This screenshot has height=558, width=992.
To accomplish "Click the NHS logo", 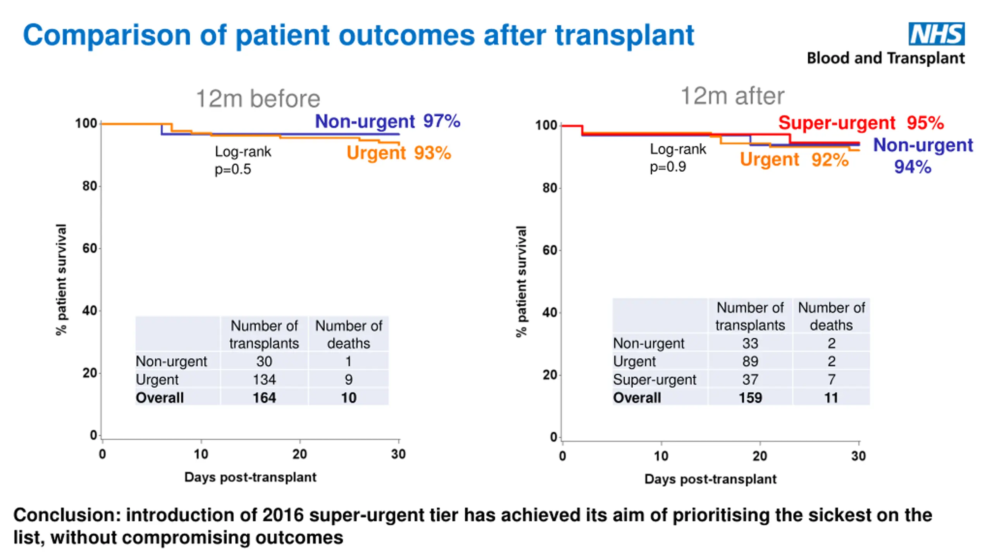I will [x=936, y=34].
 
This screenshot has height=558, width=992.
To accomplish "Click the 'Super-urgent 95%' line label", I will [x=861, y=123].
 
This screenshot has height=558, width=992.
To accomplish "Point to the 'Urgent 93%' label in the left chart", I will [x=398, y=153].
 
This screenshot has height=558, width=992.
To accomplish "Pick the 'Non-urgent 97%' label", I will [x=387, y=121].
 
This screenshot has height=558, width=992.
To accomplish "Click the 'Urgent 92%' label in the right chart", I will [x=794, y=160].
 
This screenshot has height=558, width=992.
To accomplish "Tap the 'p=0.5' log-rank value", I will [x=233, y=169].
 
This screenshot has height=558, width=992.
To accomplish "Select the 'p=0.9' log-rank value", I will [x=668, y=167].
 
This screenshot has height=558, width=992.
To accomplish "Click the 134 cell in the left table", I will [x=264, y=379].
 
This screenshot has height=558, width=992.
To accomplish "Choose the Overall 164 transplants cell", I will [x=264, y=398].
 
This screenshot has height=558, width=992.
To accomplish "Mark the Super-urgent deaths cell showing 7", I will [x=831, y=379].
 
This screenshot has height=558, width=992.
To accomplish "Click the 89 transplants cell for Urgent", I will [x=750, y=361].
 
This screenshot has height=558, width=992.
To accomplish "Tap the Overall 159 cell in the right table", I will [x=750, y=398].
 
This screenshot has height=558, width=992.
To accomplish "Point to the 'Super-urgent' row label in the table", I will [x=654, y=379].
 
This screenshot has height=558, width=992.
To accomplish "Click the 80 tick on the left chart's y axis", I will [x=90, y=186].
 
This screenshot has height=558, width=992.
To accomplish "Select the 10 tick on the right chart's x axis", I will [x=661, y=456].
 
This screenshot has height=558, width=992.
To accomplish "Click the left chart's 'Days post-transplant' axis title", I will [x=250, y=477].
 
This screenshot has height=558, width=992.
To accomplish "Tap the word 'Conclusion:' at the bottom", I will [x=67, y=515].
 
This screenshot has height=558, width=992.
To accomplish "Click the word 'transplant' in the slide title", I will [x=624, y=36].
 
